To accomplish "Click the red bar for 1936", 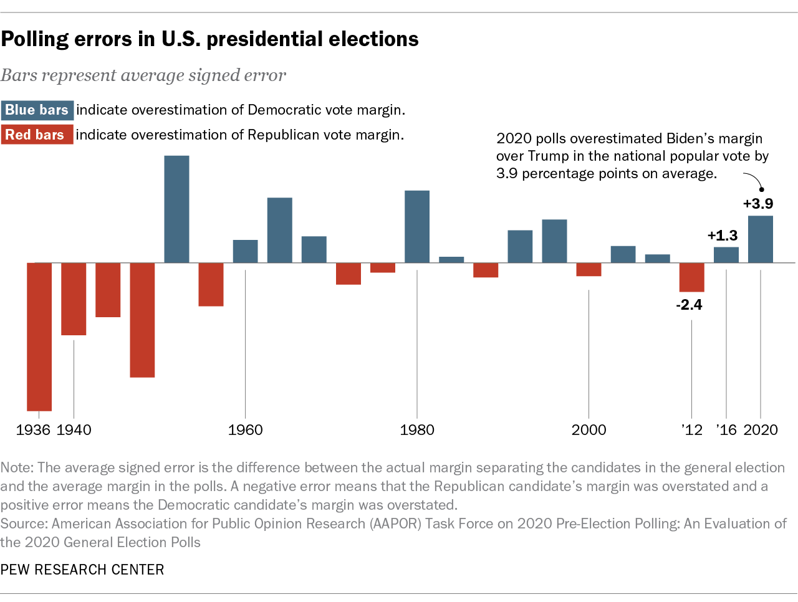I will (x=39, y=337).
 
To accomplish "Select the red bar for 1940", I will (x=74, y=299).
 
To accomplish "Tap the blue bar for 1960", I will (x=245, y=251).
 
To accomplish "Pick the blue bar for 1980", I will (x=417, y=227).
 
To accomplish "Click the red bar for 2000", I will (x=589, y=269).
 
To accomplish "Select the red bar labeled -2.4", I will (x=691, y=277).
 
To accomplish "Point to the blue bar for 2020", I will (x=761, y=239).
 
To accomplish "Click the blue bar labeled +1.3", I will (x=726, y=255).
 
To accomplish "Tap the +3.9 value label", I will (x=758, y=204).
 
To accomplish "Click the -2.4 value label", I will (x=689, y=305).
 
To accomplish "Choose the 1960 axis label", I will (x=245, y=430).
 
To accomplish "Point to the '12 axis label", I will (x=692, y=430).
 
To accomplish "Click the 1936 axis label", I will (x=34, y=430).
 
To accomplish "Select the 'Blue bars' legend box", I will (x=37, y=110).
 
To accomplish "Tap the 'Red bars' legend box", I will (x=36, y=135).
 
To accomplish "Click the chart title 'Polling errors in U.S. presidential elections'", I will (x=209, y=39).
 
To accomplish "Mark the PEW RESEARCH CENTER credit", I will (x=82, y=570).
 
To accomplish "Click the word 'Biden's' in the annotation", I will (x=693, y=138).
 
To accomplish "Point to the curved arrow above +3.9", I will (x=756, y=181).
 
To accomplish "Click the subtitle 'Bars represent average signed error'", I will (x=143, y=75).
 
